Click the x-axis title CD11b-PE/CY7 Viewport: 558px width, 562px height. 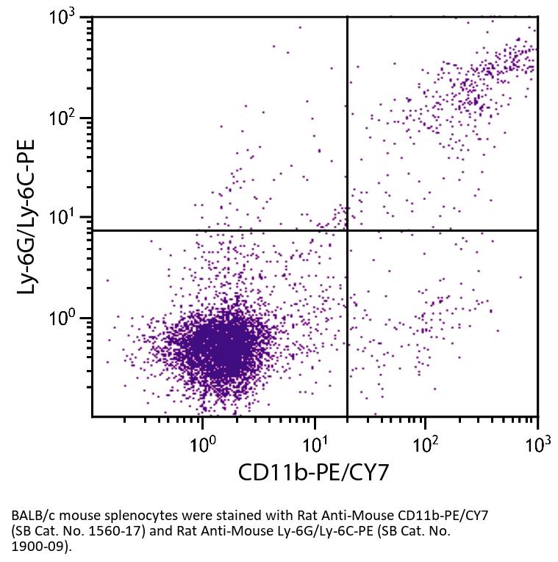point(312,472)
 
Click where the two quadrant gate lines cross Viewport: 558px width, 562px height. point(347,230)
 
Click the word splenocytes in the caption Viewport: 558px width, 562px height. point(126,516)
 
